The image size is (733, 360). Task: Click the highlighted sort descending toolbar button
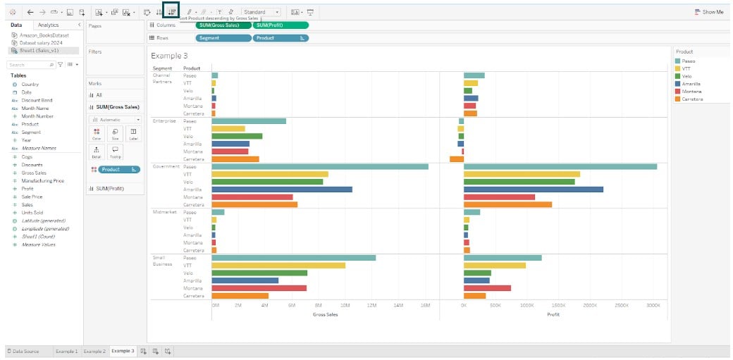(x=171, y=12)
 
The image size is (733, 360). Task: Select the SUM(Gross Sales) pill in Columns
(x=222, y=25)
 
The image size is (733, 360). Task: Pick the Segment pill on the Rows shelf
(x=223, y=38)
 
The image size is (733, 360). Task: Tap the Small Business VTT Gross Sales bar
(x=278, y=266)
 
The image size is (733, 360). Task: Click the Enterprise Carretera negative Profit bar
(x=456, y=159)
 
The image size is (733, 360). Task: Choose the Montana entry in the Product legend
(x=691, y=92)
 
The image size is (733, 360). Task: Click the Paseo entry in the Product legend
(x=689, y=61)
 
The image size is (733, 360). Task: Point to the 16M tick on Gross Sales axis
(x=425, y=306)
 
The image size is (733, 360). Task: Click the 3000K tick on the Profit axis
(x=653, y=306)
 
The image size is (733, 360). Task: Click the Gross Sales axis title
(x=325, y=314)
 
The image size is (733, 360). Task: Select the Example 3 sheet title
(x=170, y=56)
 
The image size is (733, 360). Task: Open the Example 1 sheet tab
(x=67, y=351)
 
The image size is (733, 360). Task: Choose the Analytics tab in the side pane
(x=48, y=25)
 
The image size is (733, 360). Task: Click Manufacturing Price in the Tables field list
(x=43, y=181)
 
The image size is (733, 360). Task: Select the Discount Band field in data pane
(x=37, y=100)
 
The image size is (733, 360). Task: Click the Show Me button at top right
(x=709, y=12)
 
